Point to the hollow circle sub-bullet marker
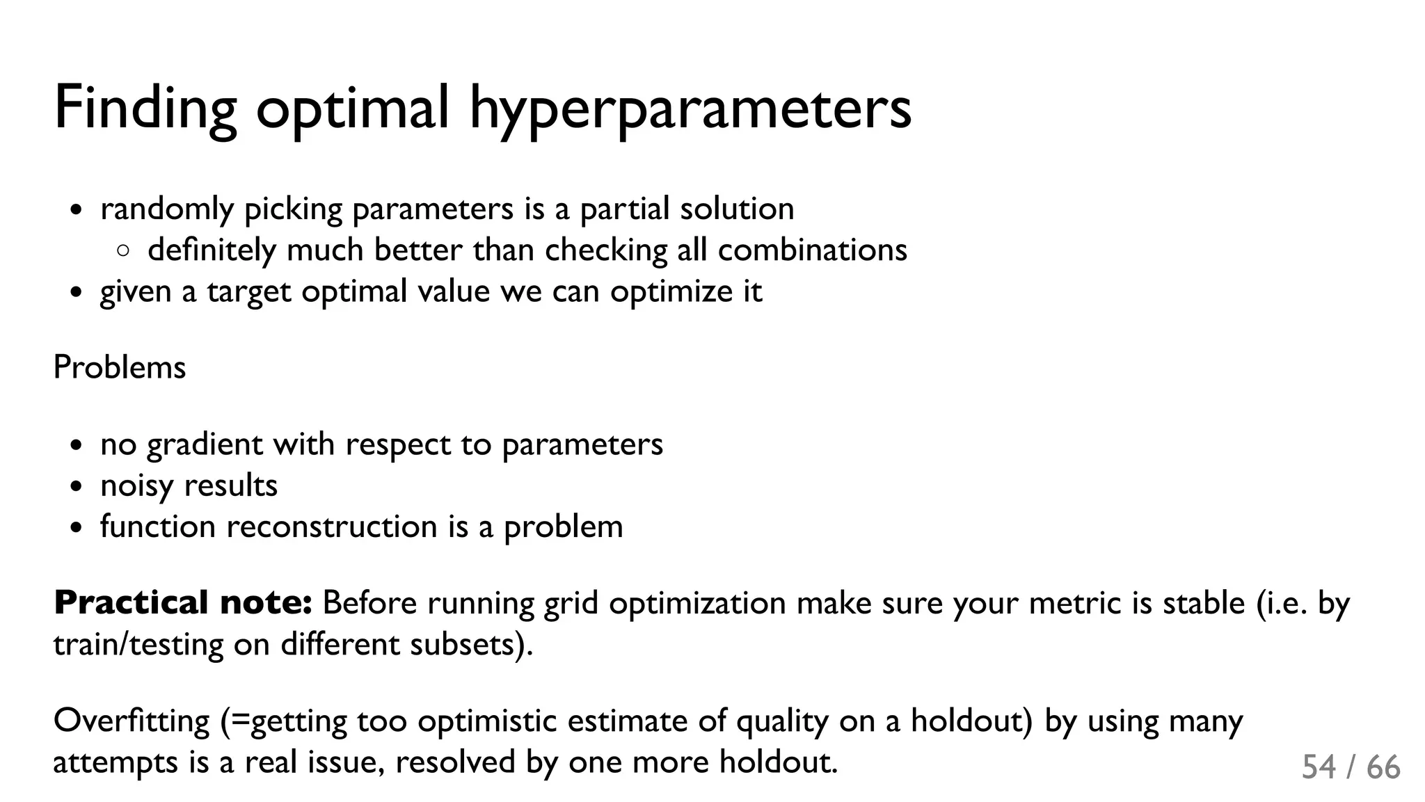click(123, 251)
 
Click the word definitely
click(212, 250)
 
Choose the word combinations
click(812, 250)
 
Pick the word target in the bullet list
click(248, 291)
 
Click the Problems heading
click(120, 367)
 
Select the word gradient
click(205, 444)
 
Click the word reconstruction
click(331, 527)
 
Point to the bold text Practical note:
click(183, 602)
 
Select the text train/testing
click(138, 645)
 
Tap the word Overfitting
click(132, 721)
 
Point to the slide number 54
click(1319, 767)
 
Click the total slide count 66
click(1383, 767)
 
